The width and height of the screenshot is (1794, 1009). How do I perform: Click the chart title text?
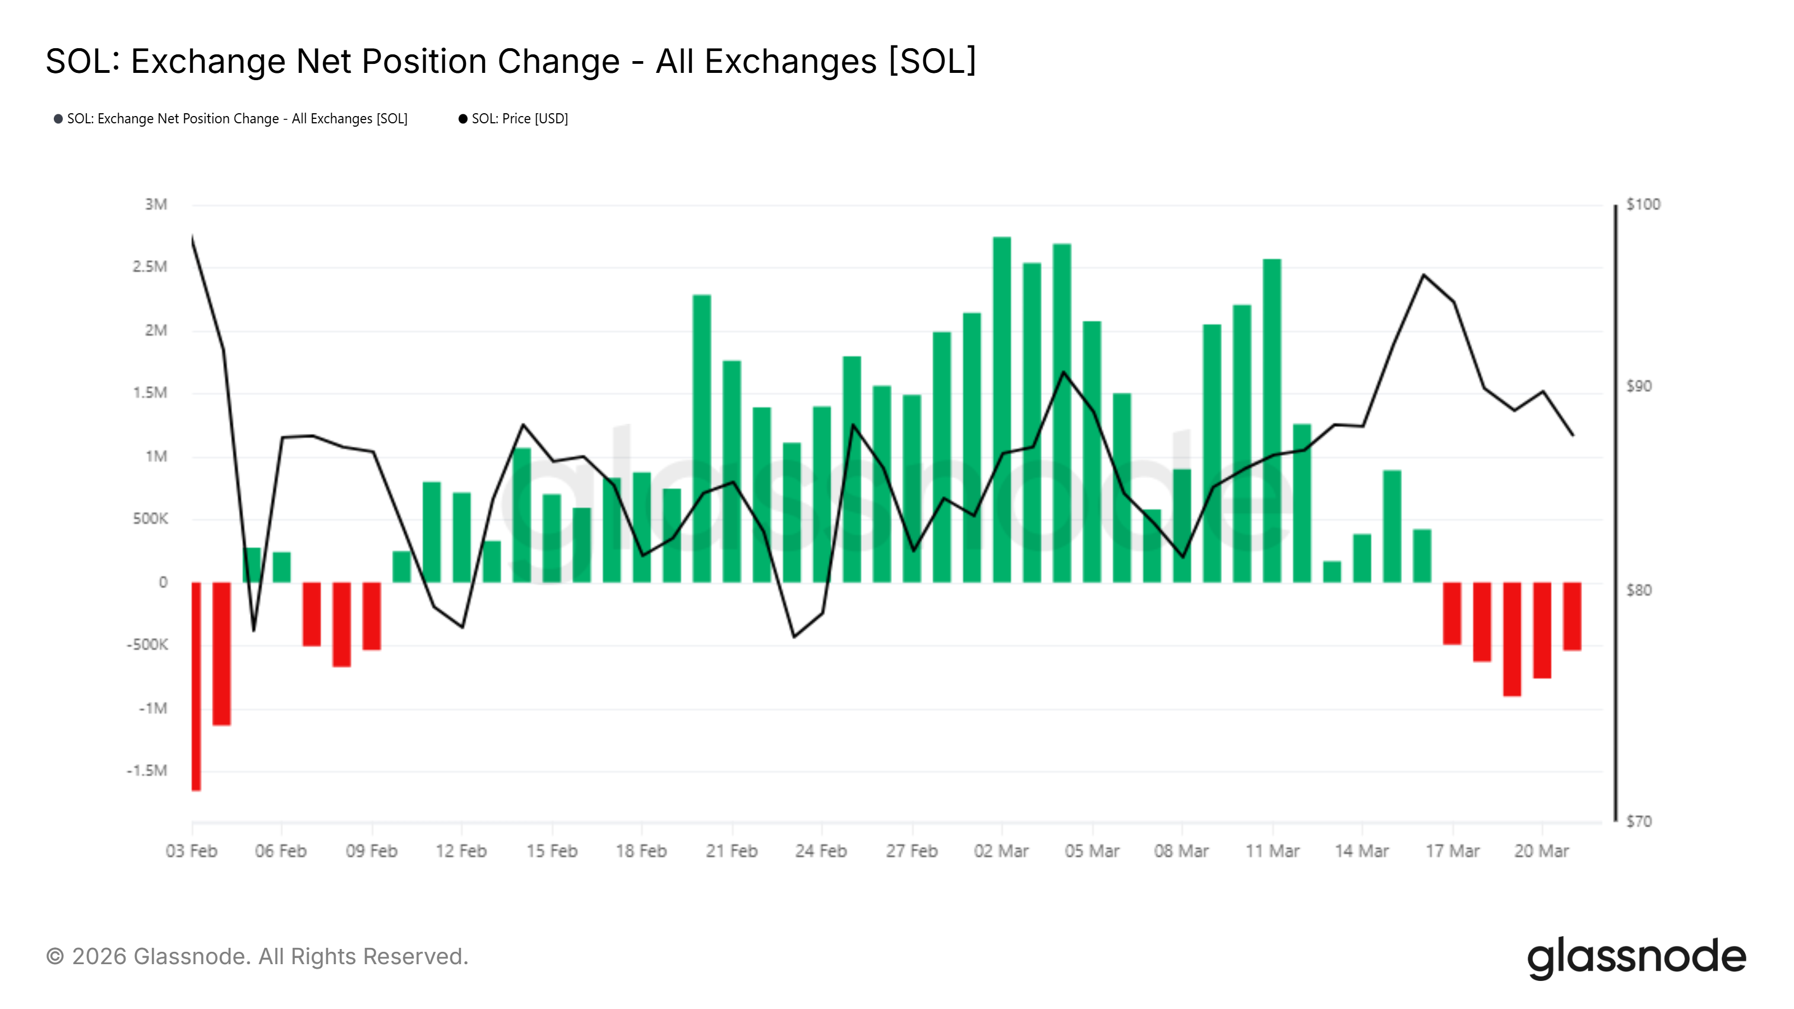tap(511, 61)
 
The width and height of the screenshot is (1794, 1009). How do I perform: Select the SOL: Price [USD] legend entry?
tap(519, 119)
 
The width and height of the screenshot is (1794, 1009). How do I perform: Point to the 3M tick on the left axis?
tap(156, 205)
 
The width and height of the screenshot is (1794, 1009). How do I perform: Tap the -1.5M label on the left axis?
tap(147, 771)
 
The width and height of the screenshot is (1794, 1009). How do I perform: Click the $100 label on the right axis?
tap(1643, 205)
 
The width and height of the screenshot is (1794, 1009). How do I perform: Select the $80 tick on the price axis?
tap(1638, 590)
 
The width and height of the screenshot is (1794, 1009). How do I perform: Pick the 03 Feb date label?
tap(192, 851)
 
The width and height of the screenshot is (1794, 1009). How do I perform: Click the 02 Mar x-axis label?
tap(1001, 851)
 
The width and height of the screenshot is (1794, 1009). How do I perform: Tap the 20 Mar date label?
tap(1541, 851)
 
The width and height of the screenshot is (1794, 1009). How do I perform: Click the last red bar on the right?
tap(1572, 616)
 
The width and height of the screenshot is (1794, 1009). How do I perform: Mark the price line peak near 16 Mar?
tap(1424, 275)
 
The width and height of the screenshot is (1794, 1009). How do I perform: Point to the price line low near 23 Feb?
tap(794, 636)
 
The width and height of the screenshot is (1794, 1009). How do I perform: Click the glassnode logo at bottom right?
tap(1636, 957)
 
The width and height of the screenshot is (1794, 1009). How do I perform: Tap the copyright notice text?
tap(257, 957)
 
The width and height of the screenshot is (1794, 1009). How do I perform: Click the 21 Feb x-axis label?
tap(731, 851)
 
